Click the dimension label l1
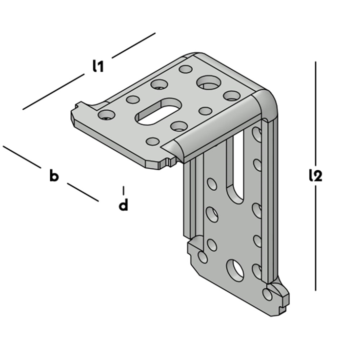[x=98, y=66]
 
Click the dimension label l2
[x=316, y=176]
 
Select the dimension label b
[x=54, y=176]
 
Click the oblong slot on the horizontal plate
[x=159, y=112]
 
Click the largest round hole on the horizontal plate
[x=209, y=82]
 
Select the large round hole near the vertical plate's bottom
[x=235, y=270]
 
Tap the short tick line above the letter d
[x=123, y=190]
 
